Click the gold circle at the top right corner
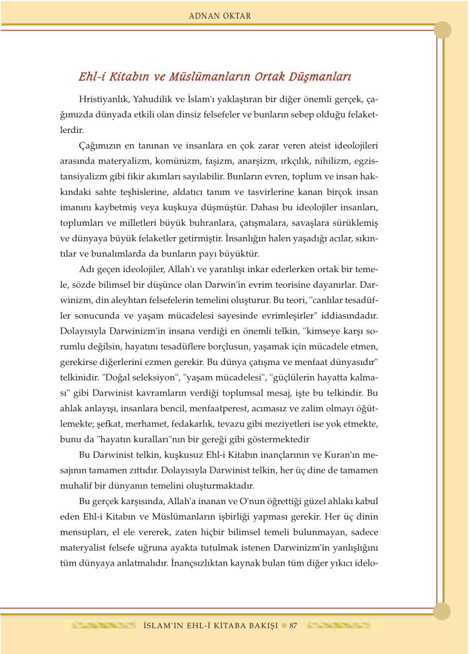443,29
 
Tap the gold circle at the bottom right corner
443,611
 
